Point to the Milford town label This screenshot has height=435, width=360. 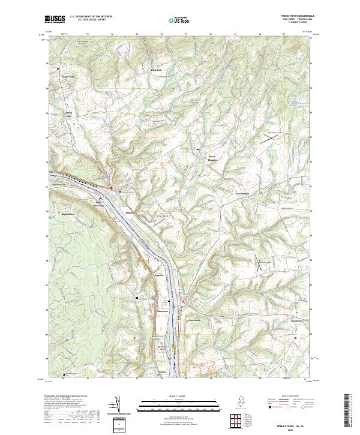pyautogui.click(x=130, y=212)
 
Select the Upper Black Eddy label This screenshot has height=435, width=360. pyautogui.click(x=97, y=205)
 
